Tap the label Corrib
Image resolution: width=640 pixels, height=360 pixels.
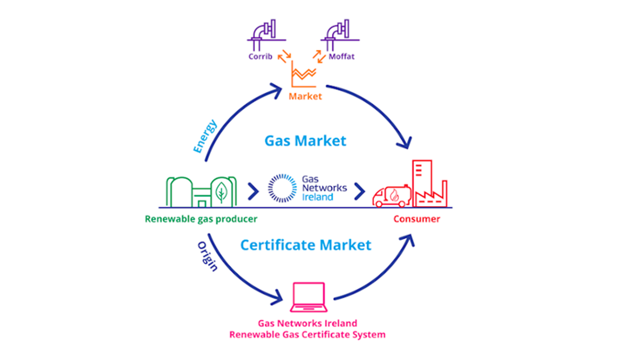[x=261, y=56]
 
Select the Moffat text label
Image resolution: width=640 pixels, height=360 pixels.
[x=341, y=56]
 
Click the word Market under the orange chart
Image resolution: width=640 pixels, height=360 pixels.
[x=305, y=96]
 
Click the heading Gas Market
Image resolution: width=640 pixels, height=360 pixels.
[x=305, y=140]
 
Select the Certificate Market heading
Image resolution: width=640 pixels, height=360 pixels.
[x=305, y=245]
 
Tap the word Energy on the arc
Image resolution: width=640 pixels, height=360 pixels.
[x=204, y=136]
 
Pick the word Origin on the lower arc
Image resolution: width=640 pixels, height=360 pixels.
[x=207, y=256]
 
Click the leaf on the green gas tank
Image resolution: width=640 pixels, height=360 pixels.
[x=220, y=190]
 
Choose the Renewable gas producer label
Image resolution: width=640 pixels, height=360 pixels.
[x=201, y=219]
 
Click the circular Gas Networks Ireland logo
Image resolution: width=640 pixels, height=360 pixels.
[x=283, y=189]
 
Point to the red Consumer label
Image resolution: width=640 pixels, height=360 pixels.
[x=416, y=219]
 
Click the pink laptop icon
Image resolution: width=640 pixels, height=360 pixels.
[x=308, y=295]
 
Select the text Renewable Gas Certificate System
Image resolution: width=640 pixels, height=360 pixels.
[x=307, y=334]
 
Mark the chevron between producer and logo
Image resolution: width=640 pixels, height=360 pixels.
[x=253, y=190]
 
